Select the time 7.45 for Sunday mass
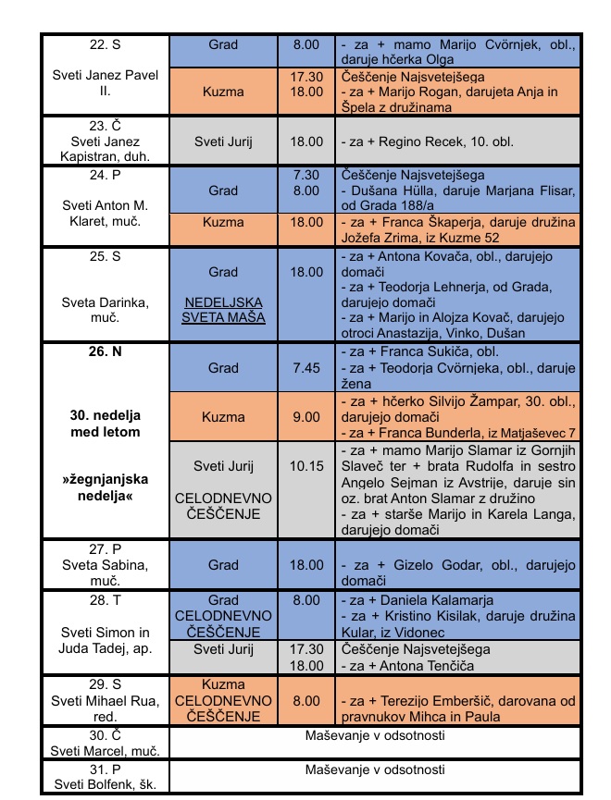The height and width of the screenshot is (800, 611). point(305,368)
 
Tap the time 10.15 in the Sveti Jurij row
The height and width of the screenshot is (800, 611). point(305,466)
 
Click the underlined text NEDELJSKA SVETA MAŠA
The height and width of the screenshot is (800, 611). point(223,310)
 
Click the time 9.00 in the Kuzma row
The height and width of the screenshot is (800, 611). point(305,417)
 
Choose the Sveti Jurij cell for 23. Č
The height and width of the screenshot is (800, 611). point(223,142)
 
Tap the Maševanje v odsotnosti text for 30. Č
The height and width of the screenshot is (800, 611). point(375,736)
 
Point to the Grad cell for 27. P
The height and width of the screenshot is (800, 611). point(223,564)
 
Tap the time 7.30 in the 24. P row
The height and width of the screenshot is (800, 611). point(305,175)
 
